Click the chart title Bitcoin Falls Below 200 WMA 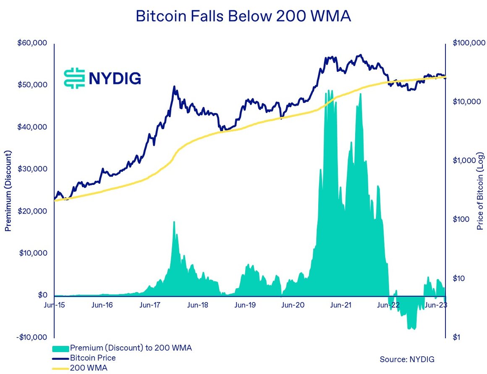[243, 16]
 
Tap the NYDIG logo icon [74, 78]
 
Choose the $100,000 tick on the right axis [469, 43]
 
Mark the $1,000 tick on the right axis [463, 160]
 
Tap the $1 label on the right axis [457, 337]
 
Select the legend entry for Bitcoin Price [93, 358]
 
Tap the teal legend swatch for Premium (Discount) [60, 348]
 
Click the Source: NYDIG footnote [407, 359]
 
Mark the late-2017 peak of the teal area [174, 222]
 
